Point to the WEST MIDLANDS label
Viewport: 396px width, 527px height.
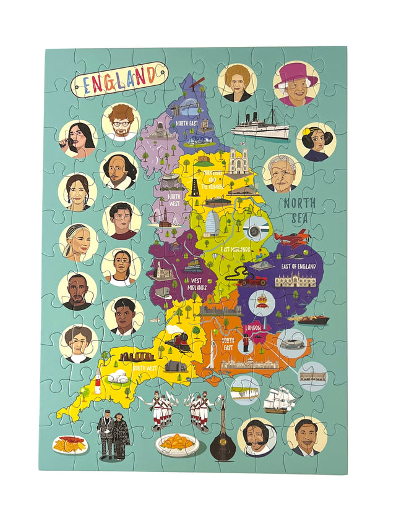tap(197, 284)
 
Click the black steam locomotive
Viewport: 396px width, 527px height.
tap(176, 341)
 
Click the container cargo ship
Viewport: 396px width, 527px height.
tap(308, 319)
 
